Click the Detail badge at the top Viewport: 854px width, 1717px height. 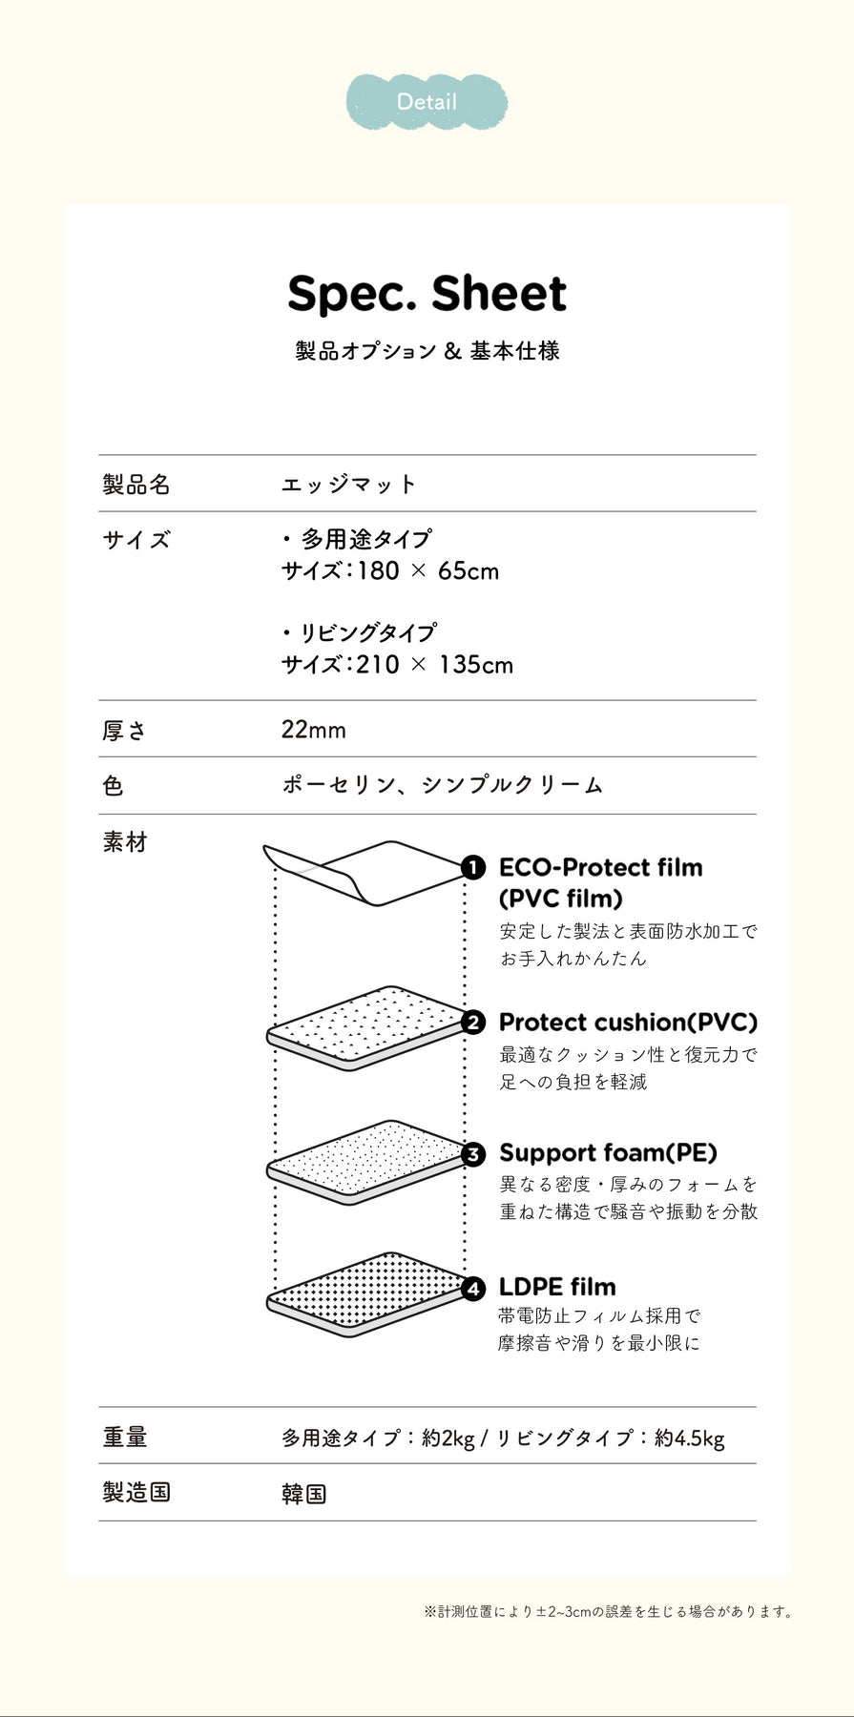point(427,101)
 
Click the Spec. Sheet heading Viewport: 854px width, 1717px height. point(427,294)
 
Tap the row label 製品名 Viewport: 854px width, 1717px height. point(136,485)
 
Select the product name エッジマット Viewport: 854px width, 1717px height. point(349,485)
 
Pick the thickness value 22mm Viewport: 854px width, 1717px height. point(313,730)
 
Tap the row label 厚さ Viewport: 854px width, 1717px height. point(125,731)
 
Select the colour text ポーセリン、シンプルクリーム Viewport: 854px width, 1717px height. point(442,785)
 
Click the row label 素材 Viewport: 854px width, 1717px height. point(125,842)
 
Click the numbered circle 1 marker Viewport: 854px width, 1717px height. point(473,868)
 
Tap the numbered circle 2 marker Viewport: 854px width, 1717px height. point(473,1023)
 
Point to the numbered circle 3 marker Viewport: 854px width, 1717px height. point(473,1154)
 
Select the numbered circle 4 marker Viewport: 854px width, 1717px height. point(473,1288)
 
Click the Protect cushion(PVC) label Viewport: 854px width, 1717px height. point(628,1023)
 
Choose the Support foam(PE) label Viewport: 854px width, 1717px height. point(608,1153)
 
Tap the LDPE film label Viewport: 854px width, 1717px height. point(557,1287)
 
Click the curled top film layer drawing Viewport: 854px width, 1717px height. point(367,872)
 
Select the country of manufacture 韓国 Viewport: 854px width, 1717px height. point(304,1493)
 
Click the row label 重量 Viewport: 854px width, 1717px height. point(125,1437)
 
